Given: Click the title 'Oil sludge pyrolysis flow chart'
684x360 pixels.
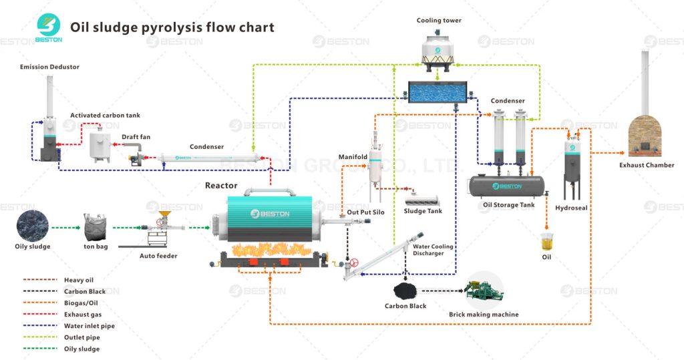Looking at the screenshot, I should [x=172, y=27].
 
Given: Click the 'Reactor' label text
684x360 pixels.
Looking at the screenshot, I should [x=221, y=185].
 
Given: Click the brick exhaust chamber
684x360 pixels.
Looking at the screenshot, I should [x=646, y=134].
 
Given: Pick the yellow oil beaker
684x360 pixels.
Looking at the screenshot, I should [x=547, y=242].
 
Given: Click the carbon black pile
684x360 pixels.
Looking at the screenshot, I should [x=404, y=290].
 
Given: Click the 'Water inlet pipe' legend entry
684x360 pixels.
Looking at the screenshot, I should [x=90, y=326].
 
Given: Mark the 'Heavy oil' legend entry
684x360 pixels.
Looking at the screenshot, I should [x=79, y=280].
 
